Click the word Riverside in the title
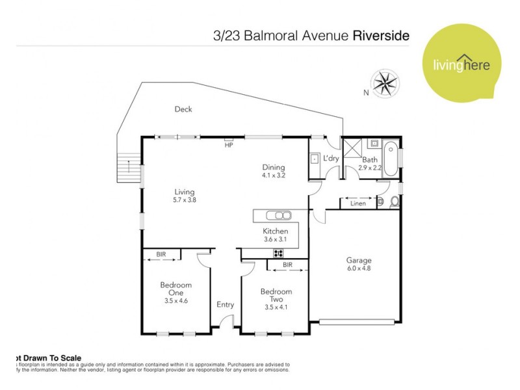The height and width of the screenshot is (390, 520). tap(381, 36)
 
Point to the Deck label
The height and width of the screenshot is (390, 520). tap(183, 109)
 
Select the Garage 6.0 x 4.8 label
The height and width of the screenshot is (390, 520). tap(359, 265)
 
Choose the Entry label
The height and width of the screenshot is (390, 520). tap(225, 304)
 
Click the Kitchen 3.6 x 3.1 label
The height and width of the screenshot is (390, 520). tap(276, 235)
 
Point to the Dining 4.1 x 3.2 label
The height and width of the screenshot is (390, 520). tap(274, 170)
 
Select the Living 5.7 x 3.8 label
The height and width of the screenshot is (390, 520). tap(185, 196)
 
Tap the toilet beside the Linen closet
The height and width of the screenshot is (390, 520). tap(392, 203)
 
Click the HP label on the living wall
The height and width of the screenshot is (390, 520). tap(229, 146)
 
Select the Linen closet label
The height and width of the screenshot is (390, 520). tap(357, 204)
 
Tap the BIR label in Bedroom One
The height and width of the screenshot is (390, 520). tap(161, 254)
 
